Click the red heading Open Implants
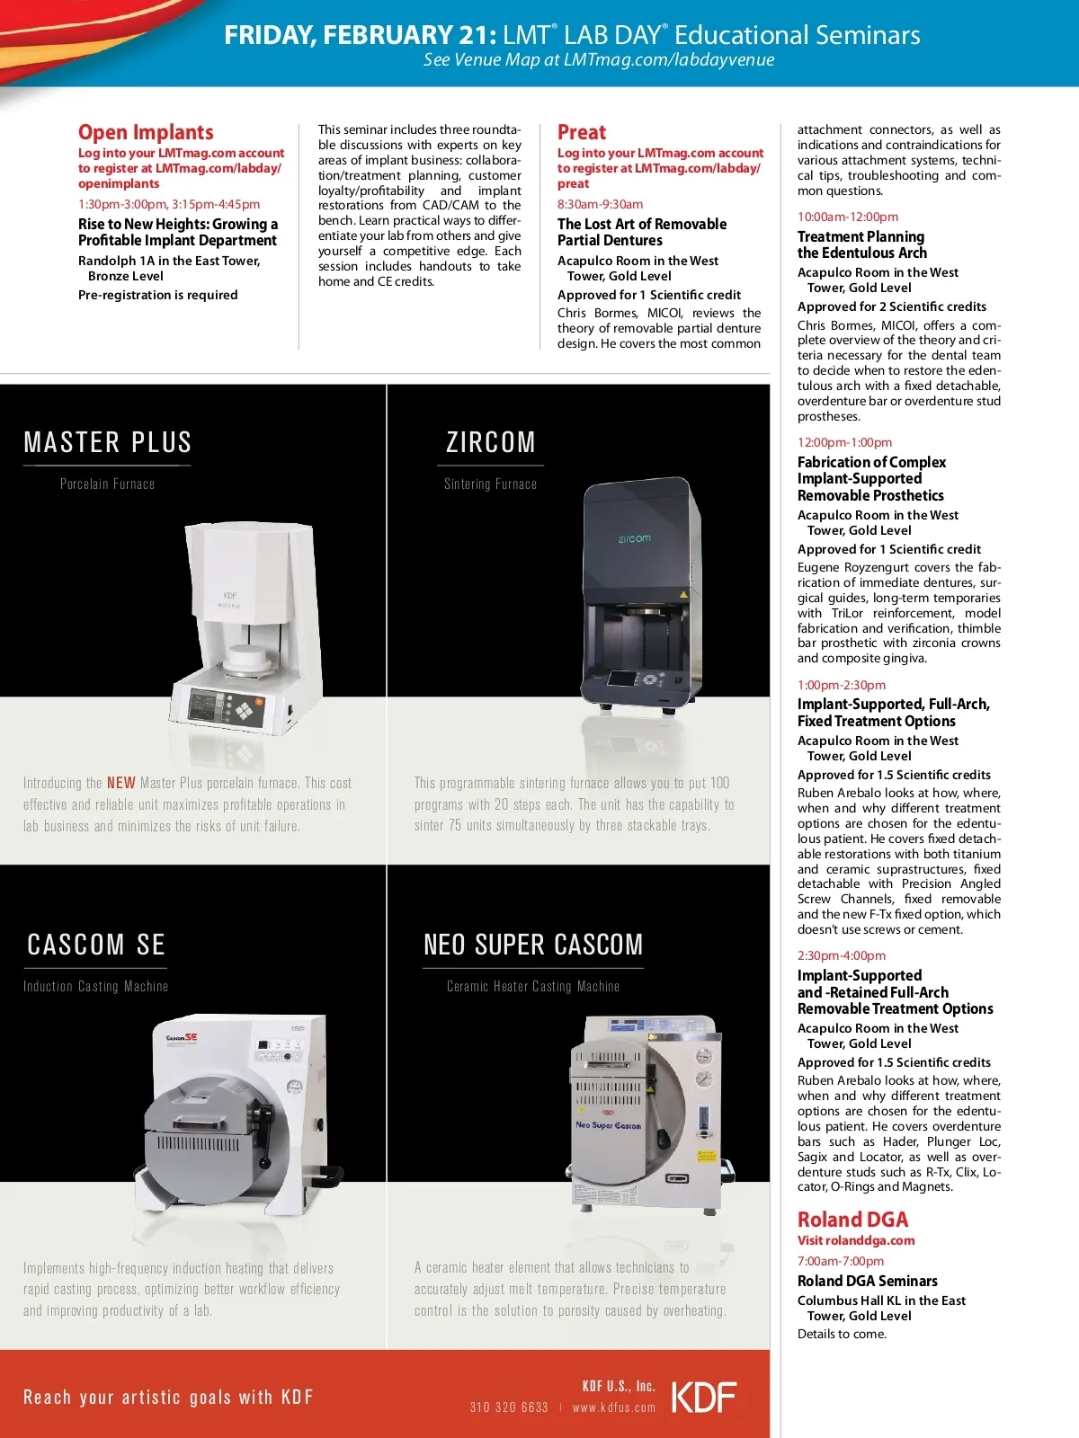click(146, 132)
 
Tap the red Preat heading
click(582, 132)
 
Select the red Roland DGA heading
click(852, 1220)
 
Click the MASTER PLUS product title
click(108, 442)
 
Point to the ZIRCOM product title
click(491, 442)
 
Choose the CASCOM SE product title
click(96, 945)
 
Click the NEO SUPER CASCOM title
click(533, 945)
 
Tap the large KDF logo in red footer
click(704, 1398)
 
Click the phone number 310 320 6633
click(509, 1407)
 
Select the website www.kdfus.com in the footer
click(614, 1407)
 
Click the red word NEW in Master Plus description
click(121, 783)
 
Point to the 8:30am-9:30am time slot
click(600, 204)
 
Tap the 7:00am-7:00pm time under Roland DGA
click(841, 1261)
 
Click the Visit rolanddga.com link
click(856, 1240)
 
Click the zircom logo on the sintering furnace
click(634, 538)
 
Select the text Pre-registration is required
click(158, 295)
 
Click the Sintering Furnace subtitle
click(490, 484)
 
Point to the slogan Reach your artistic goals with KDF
click(168, 1397)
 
